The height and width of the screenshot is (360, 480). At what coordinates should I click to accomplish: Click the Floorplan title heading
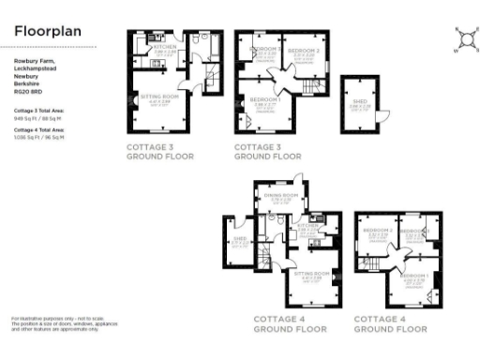pyautogui.click(x=48, y=31)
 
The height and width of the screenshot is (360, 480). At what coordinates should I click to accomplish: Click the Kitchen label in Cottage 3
pyautogui.click(x=164, y=45)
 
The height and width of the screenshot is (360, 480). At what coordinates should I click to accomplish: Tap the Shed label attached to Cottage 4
pyautogui.click(x=239, y=240)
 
